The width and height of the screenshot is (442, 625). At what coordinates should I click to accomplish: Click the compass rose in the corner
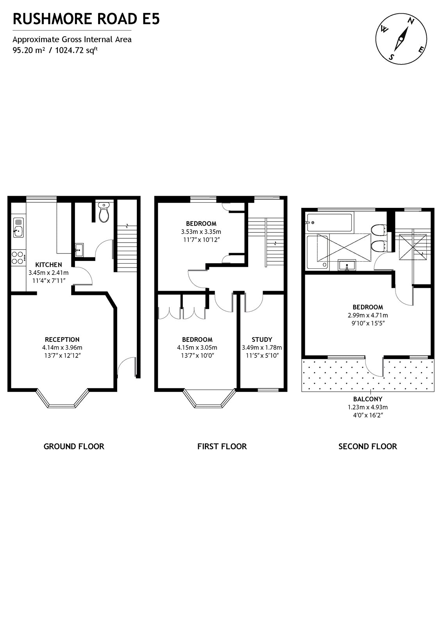pos(401,38)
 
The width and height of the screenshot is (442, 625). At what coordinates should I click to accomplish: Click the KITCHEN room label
pos(48,264)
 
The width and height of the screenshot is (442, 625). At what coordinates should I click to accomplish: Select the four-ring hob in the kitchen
pos(18,258)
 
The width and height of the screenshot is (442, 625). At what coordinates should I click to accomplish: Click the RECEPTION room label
pos(62,339)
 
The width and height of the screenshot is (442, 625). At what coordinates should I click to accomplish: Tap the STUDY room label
pos(261,339)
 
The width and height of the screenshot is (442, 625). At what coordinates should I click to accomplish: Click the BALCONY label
pos(367,399)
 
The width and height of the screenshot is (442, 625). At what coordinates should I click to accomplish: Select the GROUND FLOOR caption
pos(74,446)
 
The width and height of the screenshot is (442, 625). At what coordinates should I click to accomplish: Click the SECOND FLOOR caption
pos(367,446)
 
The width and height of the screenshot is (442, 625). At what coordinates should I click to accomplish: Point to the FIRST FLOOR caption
pos(222,446)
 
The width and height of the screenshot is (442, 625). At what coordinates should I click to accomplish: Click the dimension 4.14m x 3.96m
pos(62,347)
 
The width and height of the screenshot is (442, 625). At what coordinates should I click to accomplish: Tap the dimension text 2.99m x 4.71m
pos(367,315)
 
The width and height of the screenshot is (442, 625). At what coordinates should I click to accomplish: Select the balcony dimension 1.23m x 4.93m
pos(367,407)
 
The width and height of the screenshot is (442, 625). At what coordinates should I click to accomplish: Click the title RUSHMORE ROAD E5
pos(86,19)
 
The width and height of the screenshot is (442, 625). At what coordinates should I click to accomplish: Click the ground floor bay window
pos(63,402)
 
